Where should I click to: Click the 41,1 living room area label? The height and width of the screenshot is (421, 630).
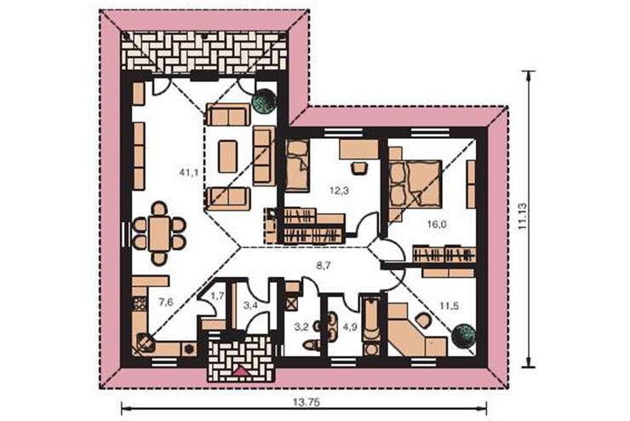pos(189,173)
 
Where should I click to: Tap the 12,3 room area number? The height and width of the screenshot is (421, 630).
pos(339,191)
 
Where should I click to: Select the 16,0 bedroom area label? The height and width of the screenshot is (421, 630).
pos(437,224)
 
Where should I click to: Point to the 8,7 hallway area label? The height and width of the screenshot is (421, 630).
pos(324,265)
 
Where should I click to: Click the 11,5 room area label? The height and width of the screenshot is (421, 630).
pos(449,306)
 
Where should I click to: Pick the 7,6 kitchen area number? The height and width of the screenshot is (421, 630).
pos(165,302)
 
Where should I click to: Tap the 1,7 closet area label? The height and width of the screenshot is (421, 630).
pos(217,297)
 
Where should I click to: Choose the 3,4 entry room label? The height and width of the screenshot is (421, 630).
pos(250,305)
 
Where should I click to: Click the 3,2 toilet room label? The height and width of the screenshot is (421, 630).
pos(301,327)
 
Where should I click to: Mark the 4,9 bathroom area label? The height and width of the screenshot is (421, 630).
pos(350,327)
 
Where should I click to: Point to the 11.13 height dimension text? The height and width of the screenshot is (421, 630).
pos(523,216)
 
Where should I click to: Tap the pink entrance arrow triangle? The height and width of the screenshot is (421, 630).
pos(241,371)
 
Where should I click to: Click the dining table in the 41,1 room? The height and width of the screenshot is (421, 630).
pos(159,234)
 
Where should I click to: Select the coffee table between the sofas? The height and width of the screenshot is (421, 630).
pos(228,156)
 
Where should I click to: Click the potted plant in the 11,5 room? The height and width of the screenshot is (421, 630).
pos(463,336)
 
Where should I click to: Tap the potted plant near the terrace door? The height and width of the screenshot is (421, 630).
pos(264,101)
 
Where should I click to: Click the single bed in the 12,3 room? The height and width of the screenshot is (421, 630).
pos(297,164)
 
